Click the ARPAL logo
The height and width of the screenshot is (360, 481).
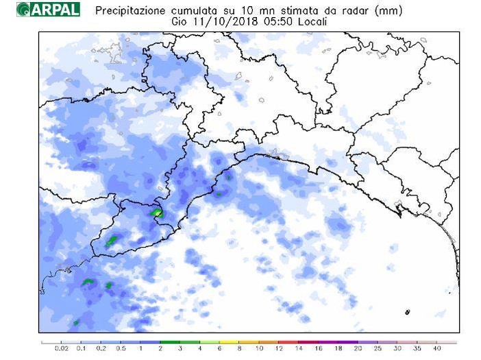[x=49, y=10]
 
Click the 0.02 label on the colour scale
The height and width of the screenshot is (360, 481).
[x=61, y=349]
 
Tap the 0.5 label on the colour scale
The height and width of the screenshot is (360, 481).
[x=121, y=349]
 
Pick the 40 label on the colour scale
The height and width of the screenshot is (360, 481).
[x=436, y=349]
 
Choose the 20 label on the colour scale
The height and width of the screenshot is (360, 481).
[x=358, y=349]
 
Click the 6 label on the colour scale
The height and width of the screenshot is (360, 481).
[x=219, y=349]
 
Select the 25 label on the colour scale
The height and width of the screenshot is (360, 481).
[x=378, y=349]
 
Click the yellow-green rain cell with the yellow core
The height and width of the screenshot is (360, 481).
[x=158, y=213]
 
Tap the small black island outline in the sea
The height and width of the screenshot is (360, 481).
[x=407, y=312]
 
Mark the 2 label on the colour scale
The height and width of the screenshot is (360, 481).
[x=160, y=349]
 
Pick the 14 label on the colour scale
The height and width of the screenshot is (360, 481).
[x=299, y=349]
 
